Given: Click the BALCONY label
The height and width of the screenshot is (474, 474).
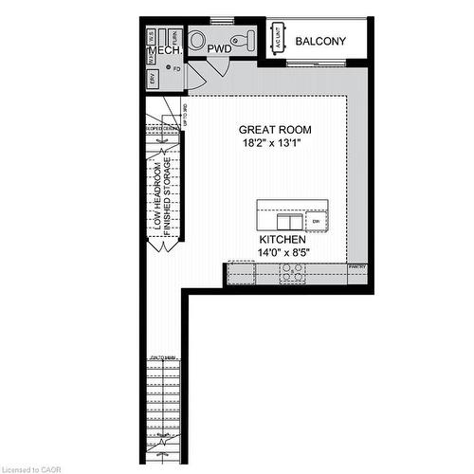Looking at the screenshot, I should [320, 42].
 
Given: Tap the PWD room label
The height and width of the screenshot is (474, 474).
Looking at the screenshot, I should [220, 47].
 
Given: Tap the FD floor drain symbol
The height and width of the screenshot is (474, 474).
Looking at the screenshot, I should [169, 68].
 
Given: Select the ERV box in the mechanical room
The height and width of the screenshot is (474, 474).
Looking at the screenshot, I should [153, 81].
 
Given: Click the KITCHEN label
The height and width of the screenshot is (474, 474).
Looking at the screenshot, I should [283, 241].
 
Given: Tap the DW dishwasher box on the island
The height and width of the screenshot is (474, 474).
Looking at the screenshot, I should [317, 220].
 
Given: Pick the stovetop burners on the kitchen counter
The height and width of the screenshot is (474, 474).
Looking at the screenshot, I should [292, 274].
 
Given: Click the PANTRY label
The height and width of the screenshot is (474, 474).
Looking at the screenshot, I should [357, 267].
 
